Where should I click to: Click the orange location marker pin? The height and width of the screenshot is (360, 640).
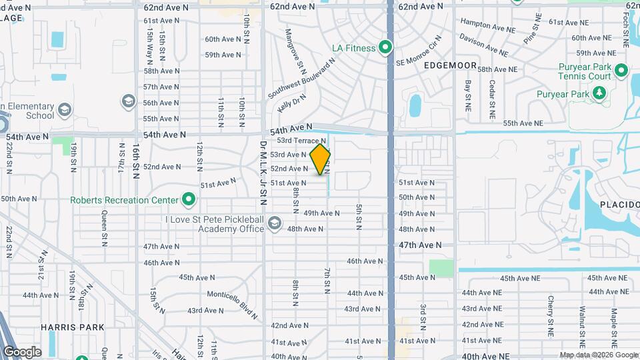point(321,159)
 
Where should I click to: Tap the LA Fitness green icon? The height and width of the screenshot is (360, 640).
point(385,47)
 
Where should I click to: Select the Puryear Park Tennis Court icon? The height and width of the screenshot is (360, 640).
point(621,70)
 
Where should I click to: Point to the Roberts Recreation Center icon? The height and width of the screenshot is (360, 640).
point(189,199)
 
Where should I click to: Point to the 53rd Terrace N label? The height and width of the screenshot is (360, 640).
point(301,141)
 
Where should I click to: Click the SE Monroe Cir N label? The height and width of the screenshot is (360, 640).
point(419,55)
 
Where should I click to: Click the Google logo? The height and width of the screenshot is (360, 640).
point(22,352)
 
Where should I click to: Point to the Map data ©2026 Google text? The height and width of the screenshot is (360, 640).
point(598,355)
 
